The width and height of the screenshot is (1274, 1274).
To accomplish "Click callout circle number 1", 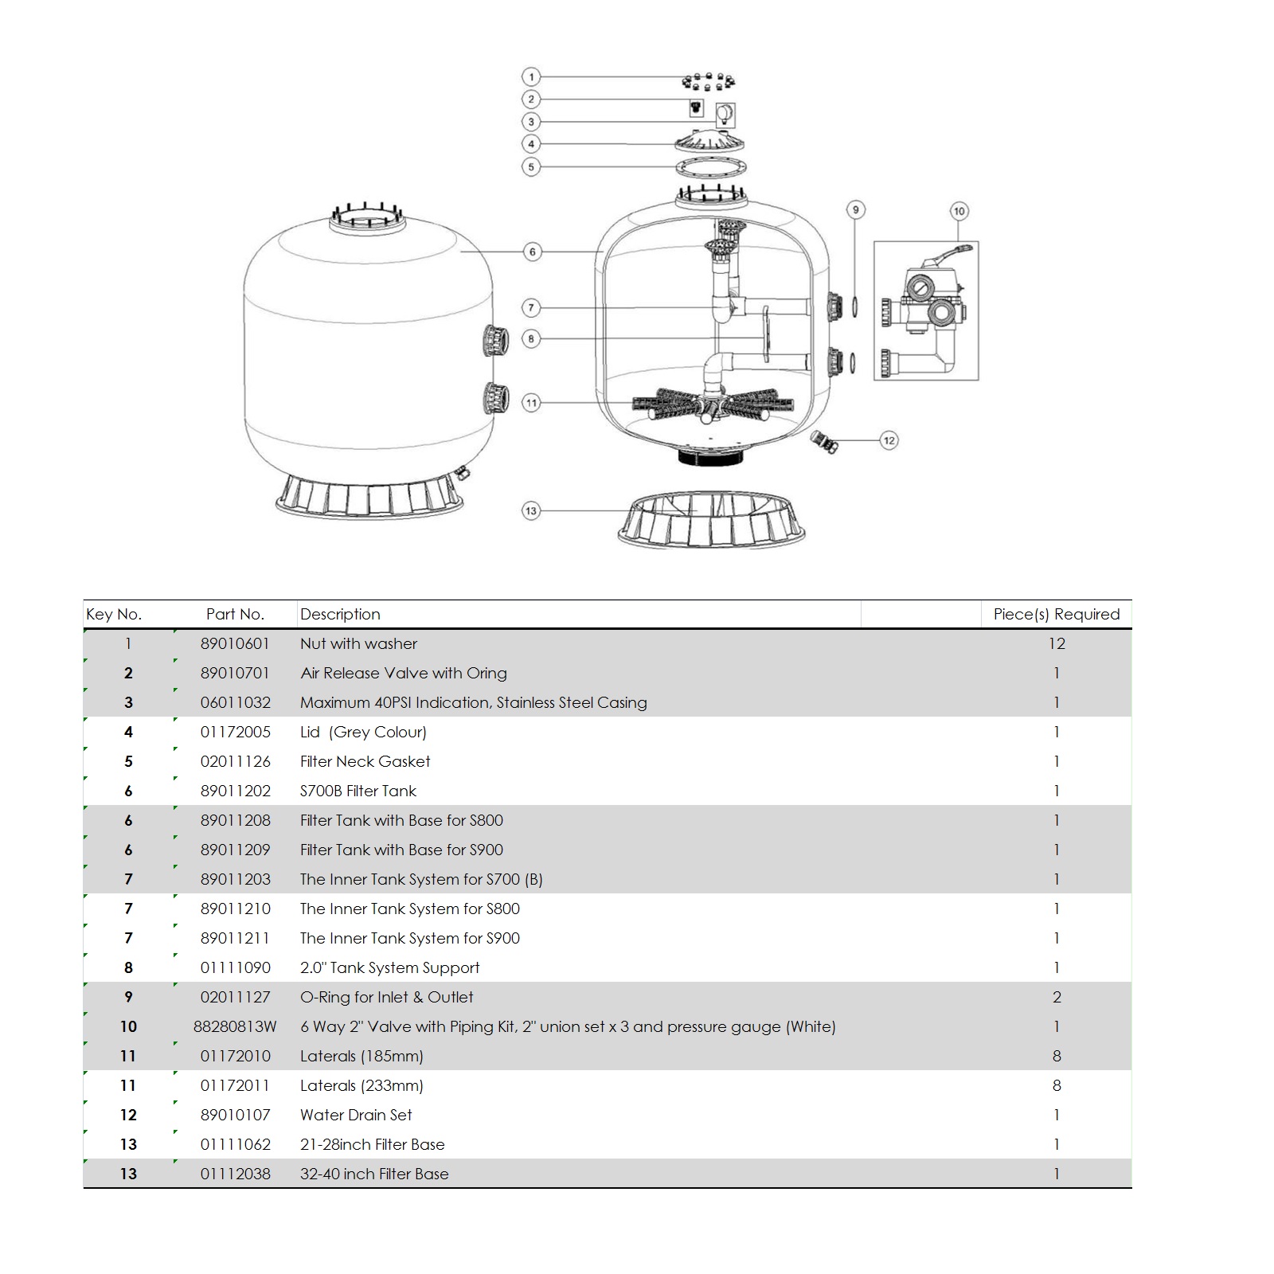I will [531, 77].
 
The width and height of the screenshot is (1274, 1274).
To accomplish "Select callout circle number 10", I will [959, 211].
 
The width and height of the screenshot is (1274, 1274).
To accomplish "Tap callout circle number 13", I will [531, 510].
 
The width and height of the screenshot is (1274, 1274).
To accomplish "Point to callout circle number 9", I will [856, 210].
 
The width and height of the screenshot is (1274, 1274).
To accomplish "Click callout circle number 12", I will [889, 440].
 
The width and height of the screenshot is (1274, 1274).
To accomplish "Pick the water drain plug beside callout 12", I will [823, 440].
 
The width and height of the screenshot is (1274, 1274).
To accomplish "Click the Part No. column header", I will [235, 614].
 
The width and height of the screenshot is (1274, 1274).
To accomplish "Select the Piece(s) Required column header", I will [1056, 614].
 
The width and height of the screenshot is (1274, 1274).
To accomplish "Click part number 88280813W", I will [235, 1026].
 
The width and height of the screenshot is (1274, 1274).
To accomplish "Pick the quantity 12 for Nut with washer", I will [1056, 643].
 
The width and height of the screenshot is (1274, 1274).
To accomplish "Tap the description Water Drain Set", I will [356, 1115].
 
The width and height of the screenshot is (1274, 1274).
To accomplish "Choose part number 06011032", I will [235, 702].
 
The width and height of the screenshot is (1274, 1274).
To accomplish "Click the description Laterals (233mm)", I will [361, 1085].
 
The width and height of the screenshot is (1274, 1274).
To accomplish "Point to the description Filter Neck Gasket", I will [365, 761].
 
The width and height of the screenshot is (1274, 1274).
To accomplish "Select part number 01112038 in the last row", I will [235, 1174].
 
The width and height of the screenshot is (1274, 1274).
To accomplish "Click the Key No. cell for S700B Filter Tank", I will [128, 791].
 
